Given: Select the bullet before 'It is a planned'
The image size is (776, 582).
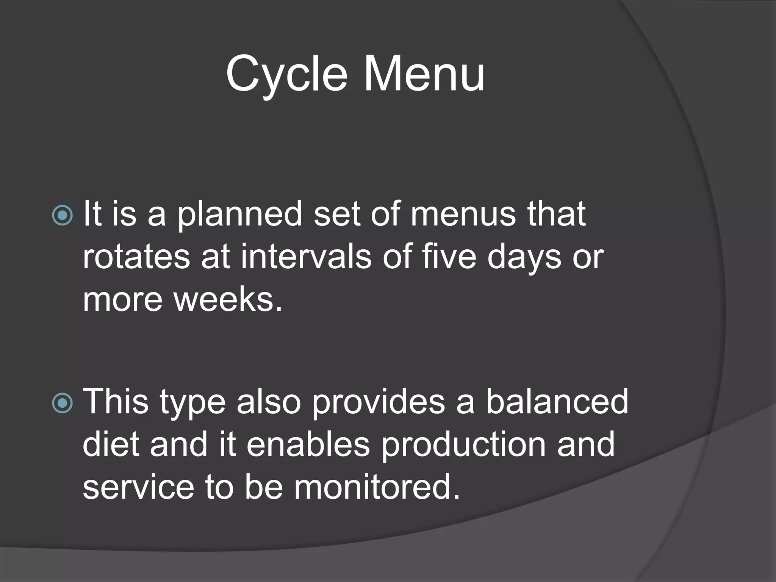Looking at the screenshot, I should (x=62, y=215).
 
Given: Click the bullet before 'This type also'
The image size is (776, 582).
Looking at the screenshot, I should (x=62, y=403).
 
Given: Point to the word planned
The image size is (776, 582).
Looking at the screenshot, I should (x=239, y=215).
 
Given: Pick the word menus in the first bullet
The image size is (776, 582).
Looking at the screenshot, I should (x=463, y=214).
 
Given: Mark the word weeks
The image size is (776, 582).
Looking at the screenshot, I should (x=227, y=300).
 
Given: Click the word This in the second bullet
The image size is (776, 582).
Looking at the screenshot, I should (x=116, y=402).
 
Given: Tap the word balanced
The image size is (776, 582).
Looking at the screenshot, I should (x=557, y=402).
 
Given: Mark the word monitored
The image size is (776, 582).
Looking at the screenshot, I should (x=377, y=487).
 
